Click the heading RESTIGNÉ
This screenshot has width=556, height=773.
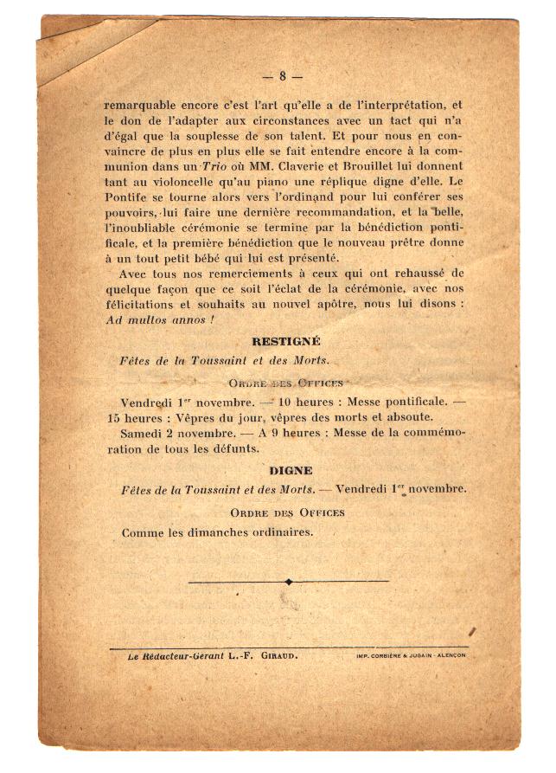[285, 342]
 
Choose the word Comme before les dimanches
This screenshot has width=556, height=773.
[142, 532]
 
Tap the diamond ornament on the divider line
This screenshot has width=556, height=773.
[288, 582]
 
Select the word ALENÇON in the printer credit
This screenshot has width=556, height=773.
[448, 656]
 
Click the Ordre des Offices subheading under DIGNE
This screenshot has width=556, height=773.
[287, 512]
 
